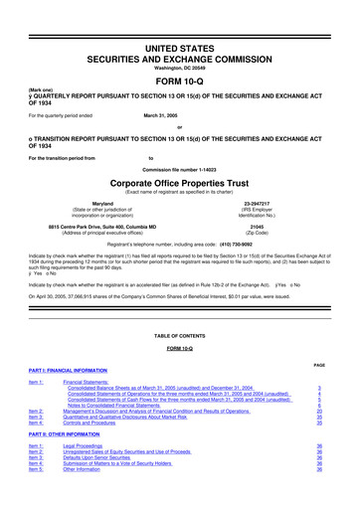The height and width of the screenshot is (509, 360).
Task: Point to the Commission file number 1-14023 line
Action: pos(180,171)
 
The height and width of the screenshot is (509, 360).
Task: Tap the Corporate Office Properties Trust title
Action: pos(180,186)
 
